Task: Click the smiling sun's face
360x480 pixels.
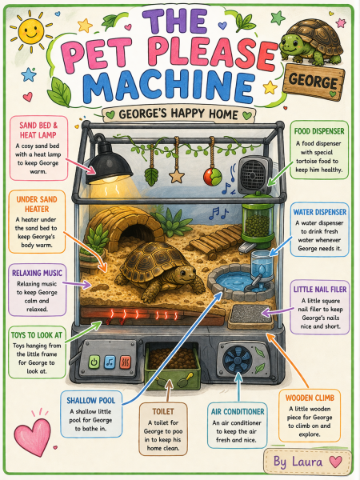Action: [x=31, y=30]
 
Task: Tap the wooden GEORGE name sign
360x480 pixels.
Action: [x=314, y=82]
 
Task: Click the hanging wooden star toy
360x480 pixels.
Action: [x=177, y=176]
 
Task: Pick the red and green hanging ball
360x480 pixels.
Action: [x=213, y=177]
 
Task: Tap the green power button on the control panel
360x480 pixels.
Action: [x=94, y=362]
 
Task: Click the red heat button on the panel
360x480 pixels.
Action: [x=126, y=362]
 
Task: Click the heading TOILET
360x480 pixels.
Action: [x=163, y=411]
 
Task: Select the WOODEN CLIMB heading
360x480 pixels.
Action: [x=310, y=398]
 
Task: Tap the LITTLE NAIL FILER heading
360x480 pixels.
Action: [x=320, y=290]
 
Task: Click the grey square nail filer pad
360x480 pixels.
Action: [x=250, y=316]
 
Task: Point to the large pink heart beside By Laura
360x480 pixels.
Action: [x=335, y=462]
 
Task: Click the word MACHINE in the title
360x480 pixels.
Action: [x=168, y=86]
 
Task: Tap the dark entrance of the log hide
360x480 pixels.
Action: [x=137, y=234]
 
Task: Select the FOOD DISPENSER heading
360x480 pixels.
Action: [x=319, y=131]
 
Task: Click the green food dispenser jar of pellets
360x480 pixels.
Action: [x=258, y=221]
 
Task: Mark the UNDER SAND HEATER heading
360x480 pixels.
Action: [x=37, y=204]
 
